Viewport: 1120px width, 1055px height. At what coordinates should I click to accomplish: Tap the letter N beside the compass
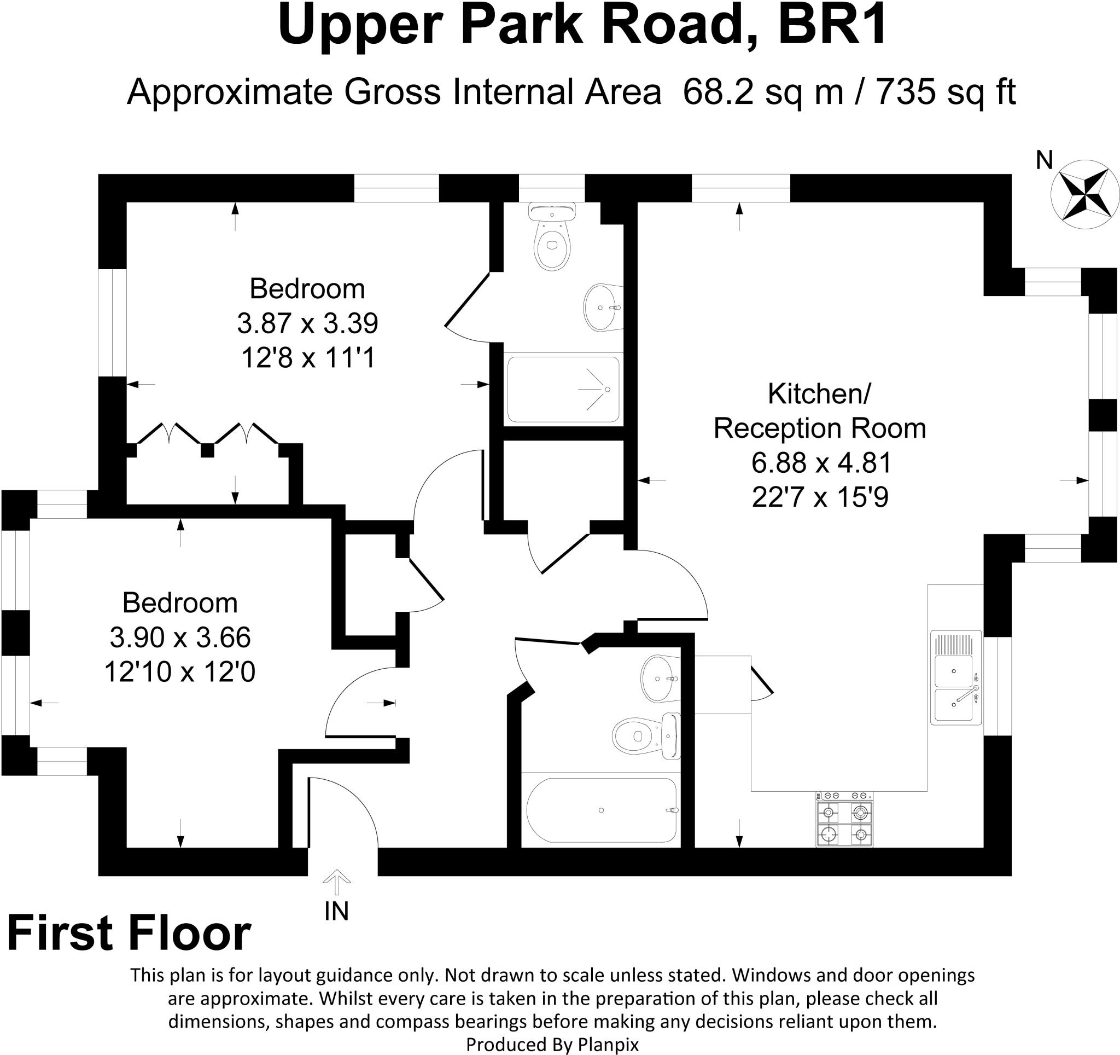point(1044,161)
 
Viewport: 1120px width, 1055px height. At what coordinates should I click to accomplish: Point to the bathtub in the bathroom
point(601,810)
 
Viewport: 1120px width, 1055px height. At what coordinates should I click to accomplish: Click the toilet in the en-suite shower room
point(553,237)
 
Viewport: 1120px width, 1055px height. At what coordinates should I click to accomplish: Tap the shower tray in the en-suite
point(563,390)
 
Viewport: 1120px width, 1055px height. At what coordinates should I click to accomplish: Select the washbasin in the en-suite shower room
point(602,307)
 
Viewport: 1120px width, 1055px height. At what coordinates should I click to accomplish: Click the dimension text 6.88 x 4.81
point(821,463)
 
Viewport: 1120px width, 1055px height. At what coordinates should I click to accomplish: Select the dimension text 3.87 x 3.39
point(307,323)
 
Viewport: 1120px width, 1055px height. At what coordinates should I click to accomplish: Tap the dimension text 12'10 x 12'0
point(180,672)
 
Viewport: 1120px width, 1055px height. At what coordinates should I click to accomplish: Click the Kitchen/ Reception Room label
point(820,411)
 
